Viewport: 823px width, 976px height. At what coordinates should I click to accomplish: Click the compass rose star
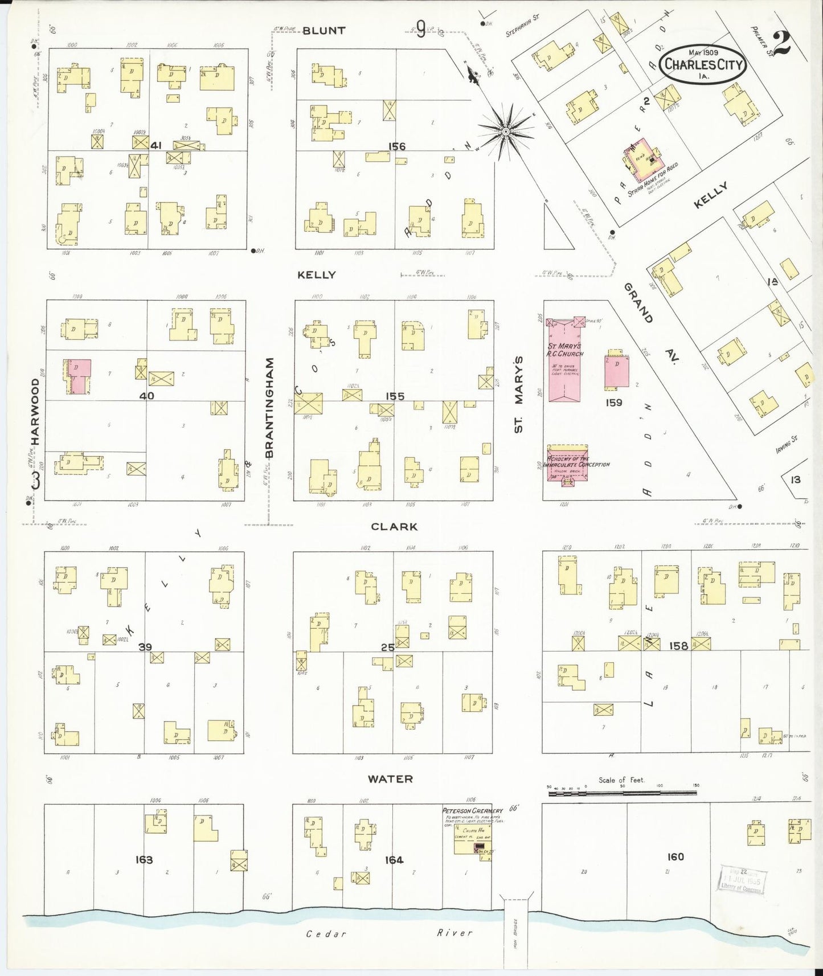(505, 132)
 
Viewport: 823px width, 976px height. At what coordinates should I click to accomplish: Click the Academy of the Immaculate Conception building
(567, 464)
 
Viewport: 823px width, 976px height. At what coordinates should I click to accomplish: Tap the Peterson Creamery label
(472, 810)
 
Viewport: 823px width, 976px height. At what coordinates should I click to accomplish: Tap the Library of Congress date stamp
(742, 880)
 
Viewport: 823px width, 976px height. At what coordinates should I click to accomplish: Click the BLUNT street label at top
(324, 31)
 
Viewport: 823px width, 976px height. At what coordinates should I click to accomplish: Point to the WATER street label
(390, 779)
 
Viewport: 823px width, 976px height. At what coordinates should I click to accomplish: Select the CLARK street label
(394, 527)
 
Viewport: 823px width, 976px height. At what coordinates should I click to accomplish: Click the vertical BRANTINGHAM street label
(269, 407)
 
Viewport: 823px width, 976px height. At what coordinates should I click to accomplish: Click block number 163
(144, 859)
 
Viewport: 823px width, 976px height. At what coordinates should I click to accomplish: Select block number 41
(155, 146)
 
